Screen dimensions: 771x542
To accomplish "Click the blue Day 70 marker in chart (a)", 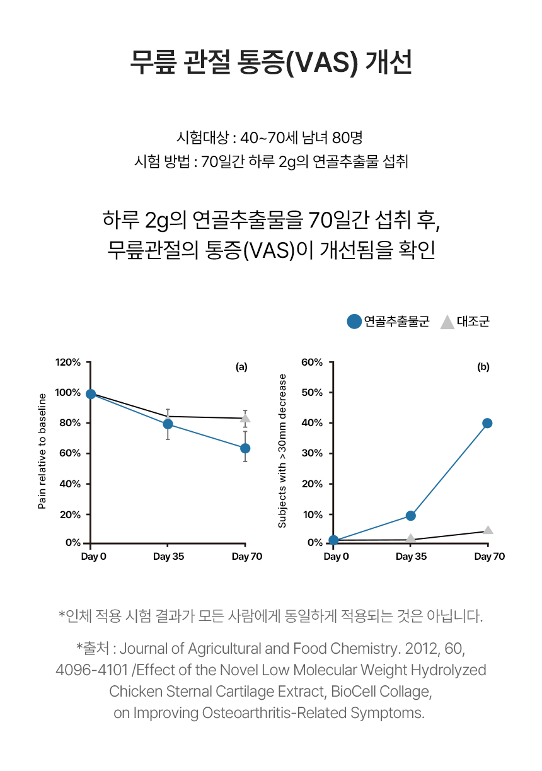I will [x=245, y=448].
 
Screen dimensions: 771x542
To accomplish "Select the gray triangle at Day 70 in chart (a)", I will [x=245, y=418].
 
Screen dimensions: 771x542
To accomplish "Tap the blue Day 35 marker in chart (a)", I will [x=168, y=424].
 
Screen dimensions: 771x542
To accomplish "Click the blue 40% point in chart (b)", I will [x=487, y=423].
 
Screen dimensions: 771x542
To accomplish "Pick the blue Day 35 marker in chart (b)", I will [x=410, y=516].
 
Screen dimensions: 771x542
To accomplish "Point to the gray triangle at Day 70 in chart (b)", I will [x=488, y=530].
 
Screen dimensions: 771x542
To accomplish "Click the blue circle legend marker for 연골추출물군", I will [x=354, y=322].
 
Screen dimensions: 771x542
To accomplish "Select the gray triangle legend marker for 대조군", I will [x=447, y=322].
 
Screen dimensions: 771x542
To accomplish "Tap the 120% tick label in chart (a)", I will [x=68, y=362].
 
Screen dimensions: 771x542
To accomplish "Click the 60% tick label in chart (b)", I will [x=312, y=362].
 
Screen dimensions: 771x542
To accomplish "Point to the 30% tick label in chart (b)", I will [x=312, y=453].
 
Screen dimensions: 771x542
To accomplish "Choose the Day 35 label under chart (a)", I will [x=168, y=557].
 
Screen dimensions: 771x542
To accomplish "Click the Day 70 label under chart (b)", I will [x=490, y=557].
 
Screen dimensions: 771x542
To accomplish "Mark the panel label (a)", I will [x=241, y=366].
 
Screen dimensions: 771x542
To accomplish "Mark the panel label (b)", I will [x=483, y=366].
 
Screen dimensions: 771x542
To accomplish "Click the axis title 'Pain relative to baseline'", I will [x=42, y=451].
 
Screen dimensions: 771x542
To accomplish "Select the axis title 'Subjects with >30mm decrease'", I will [x=282, y=451].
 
